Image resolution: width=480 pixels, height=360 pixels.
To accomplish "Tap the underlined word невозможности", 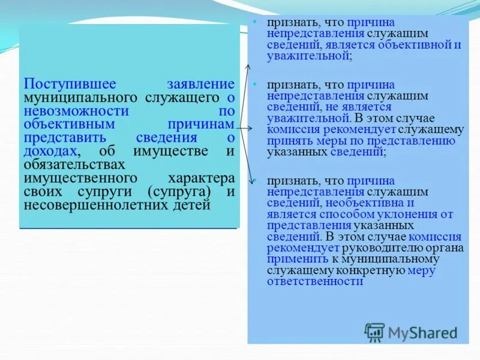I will point(76,111).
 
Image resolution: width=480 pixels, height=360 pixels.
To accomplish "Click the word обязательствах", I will point(74,164).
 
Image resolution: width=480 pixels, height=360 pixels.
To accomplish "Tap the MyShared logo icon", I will point(374,332).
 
